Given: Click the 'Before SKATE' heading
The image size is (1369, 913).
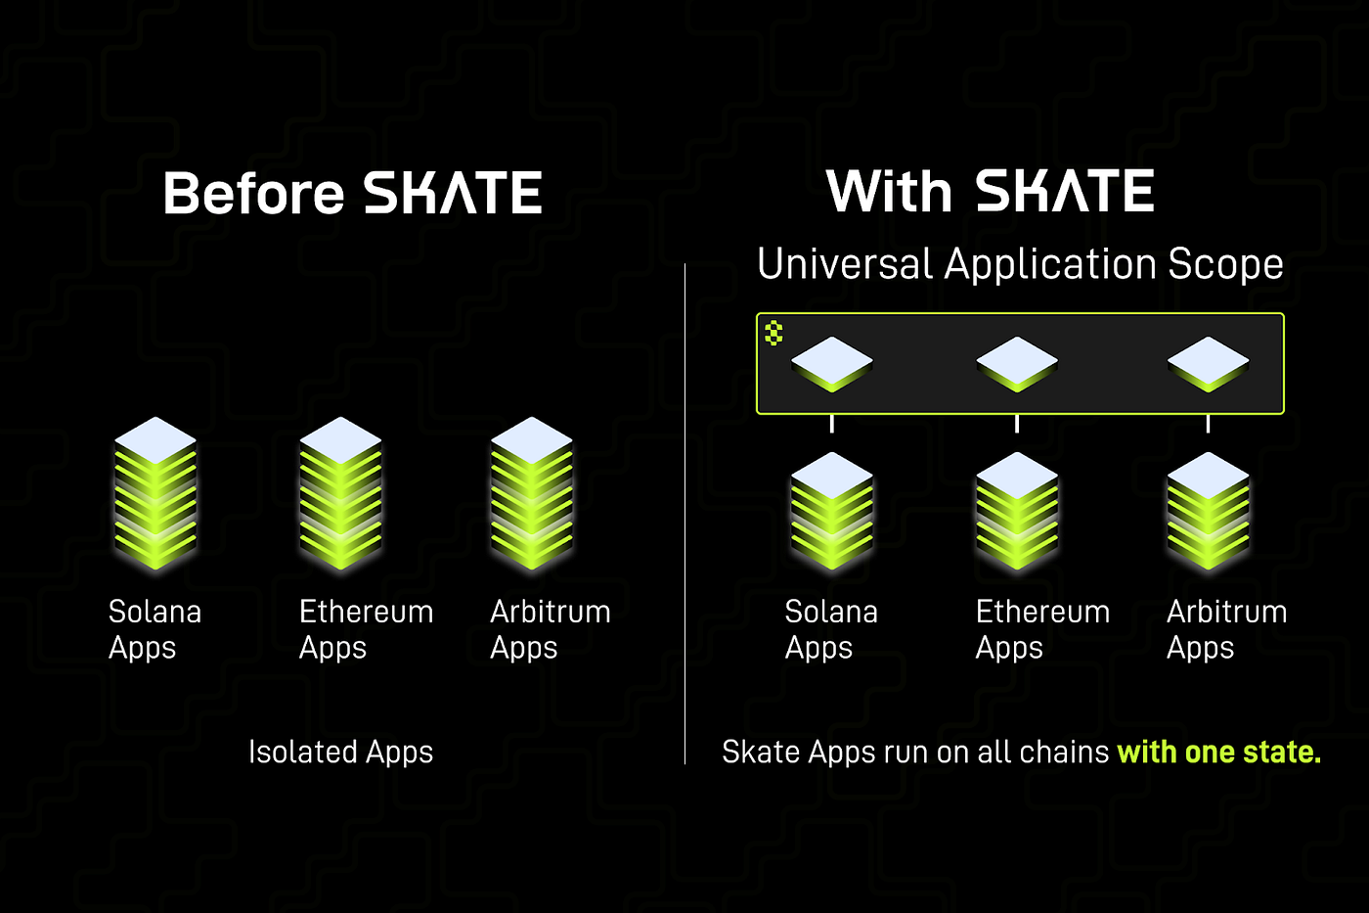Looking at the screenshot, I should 352,193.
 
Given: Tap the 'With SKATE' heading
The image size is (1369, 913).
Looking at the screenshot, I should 990,191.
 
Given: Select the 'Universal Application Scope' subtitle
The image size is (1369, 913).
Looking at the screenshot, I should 1020,264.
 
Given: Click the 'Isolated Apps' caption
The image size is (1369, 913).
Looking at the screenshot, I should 340,752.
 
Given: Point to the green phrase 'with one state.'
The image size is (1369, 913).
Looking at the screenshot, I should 1218,752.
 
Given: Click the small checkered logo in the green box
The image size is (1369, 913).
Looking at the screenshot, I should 773,333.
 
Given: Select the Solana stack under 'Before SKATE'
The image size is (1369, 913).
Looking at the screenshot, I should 155,493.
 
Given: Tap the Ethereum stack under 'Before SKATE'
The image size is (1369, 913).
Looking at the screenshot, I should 340,493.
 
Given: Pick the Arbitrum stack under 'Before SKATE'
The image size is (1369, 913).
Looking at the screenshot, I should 531,493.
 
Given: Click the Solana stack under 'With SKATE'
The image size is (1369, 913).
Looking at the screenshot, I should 831,510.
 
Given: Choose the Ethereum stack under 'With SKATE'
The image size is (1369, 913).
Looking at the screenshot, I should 1017,510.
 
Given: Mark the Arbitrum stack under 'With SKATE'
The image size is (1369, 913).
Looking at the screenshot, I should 1208,510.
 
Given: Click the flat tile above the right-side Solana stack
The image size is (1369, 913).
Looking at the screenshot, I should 831,363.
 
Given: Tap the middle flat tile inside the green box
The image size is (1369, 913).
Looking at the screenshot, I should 1017,363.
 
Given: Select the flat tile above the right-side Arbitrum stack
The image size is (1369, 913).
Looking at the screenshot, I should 1208,363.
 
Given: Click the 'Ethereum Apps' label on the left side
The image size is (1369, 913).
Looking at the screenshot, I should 366,629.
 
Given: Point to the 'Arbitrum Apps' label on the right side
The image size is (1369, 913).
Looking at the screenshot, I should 1226,629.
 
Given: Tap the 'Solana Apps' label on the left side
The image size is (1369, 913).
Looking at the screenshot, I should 155,629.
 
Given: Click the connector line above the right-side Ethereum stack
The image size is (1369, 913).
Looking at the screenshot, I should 1017,424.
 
